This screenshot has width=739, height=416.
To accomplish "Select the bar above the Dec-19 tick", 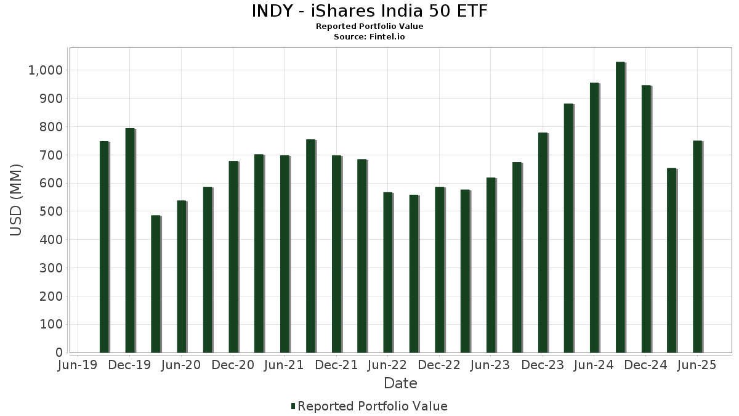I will [x=129, y=240].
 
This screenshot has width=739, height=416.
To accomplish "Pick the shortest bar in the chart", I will [x=155, y=284].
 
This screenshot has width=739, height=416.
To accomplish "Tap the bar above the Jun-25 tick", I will [x=697, y=247].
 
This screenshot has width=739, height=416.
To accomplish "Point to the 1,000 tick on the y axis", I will [x=46, y=70].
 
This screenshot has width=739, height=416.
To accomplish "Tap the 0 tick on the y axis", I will [x=59, y=353].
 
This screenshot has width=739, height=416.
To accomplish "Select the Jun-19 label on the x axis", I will [x=76, y=365].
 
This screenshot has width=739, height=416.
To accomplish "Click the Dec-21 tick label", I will [x=336, y=365].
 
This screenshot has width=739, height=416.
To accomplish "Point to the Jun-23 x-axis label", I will [x=491, y=365].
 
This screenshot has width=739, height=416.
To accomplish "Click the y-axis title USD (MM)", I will [x=17, y=200].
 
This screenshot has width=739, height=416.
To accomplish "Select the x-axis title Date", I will [x=400, y=383].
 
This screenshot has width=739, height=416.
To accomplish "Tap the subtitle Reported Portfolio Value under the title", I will [x=369, y=27].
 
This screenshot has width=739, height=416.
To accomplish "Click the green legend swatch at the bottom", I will [x=293, y=406].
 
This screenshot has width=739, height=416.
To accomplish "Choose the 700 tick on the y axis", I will [x=51, y=155].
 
